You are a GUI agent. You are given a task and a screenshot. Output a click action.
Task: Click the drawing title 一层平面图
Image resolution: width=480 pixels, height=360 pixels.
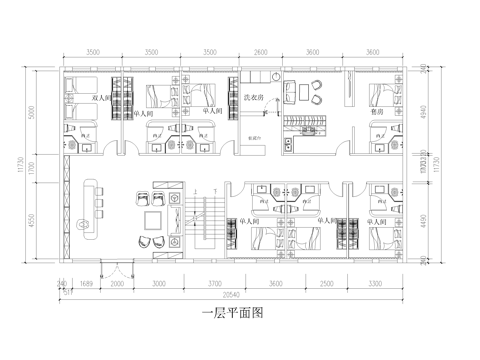tap(231, 312)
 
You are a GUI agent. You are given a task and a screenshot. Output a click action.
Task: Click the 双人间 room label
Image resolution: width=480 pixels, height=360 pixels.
tap(100, 98)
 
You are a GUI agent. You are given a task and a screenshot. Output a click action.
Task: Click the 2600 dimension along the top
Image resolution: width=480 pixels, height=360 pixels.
tap(261, 49)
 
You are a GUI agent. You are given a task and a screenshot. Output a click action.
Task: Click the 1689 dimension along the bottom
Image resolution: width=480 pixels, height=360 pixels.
tap(86, 284)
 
